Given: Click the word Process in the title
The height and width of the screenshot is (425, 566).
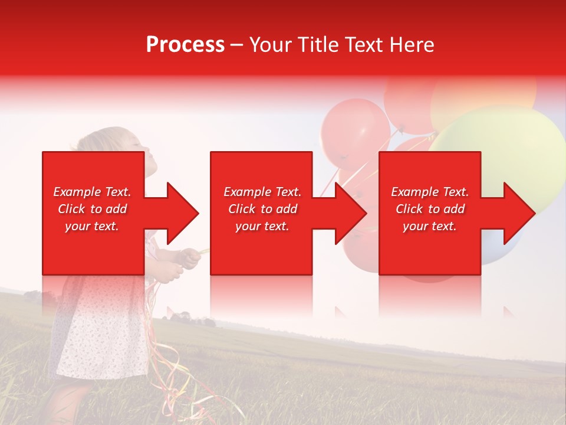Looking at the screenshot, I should [185, 45].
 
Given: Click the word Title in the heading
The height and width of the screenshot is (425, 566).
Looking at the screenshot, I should [317, 45].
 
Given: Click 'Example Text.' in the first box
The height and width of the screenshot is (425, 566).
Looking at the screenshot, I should [92, 192].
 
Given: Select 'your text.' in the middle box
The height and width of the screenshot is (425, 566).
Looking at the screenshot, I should [262, 226].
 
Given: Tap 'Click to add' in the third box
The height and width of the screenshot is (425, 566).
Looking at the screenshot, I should [430, 209].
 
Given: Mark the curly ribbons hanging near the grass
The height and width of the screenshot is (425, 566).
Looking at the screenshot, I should [177, 372].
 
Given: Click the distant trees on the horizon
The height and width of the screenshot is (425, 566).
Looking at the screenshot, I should [192, 320].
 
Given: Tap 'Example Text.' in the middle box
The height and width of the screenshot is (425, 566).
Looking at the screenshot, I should [262, 192].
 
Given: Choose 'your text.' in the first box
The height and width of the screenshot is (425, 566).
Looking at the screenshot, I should [92, 226].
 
